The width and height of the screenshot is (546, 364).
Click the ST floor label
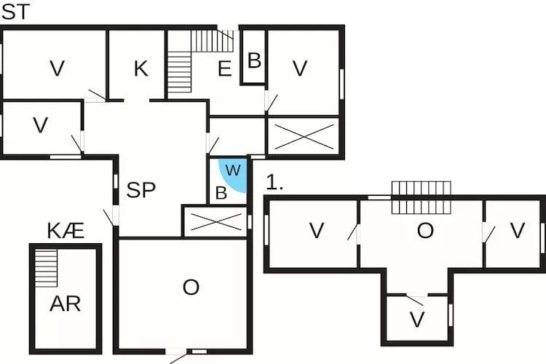[16, 12]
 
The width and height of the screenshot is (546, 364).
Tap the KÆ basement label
[66, 231]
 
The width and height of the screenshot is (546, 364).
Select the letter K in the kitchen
[141, 68]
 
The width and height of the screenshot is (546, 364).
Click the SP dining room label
[141, 190]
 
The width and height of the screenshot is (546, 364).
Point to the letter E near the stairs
[225, 68]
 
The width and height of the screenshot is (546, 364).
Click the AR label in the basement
[65, 304]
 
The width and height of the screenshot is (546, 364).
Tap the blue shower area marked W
[233, 175]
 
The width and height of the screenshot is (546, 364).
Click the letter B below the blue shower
[221, 193]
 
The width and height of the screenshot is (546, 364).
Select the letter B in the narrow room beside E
[255, 60]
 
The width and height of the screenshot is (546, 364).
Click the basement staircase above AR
[46, 268]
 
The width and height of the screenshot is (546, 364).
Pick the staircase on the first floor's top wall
[422, 197]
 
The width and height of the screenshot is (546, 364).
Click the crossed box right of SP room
[216, 222]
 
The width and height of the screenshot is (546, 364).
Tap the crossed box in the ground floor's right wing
[304, 136]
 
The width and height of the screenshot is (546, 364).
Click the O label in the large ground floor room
[191, 288]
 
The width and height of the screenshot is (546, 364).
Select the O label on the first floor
[425, 231]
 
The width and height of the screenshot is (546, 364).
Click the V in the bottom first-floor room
[417, 320]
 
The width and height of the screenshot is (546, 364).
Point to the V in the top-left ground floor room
[58, 68]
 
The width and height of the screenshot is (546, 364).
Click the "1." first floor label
[274, 182]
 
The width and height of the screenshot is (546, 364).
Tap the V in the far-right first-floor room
[517, 231]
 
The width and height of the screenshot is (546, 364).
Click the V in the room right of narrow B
[300, 68]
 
